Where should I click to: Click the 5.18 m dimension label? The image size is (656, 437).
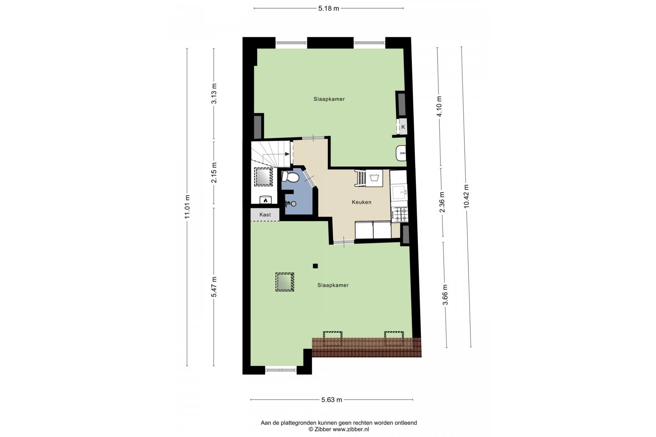tap(329, 8)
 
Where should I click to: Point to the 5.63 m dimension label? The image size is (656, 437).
tap(331, 399)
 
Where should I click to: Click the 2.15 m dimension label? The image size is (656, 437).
tap(214, 173)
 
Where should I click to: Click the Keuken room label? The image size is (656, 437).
tap(361, 202)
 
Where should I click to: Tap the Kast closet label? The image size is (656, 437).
tap(265, 214)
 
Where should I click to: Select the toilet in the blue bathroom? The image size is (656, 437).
tap(291, 177)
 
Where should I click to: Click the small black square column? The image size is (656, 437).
tap(315, 266)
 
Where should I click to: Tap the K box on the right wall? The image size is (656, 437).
tap(403, 127)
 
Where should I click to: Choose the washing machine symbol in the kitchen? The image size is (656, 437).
tap(374, 178)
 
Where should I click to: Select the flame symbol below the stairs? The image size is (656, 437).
tap(265, 200)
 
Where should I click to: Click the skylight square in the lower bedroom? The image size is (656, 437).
tap(284, 282)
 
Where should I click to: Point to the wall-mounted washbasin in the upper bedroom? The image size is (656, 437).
tap(401, 153)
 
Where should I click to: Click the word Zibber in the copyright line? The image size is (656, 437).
tap(322, 429)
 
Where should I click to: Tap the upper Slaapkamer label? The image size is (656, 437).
tap(329, 99)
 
